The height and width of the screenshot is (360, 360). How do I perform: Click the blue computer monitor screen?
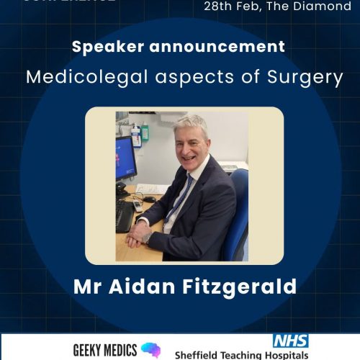125,161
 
